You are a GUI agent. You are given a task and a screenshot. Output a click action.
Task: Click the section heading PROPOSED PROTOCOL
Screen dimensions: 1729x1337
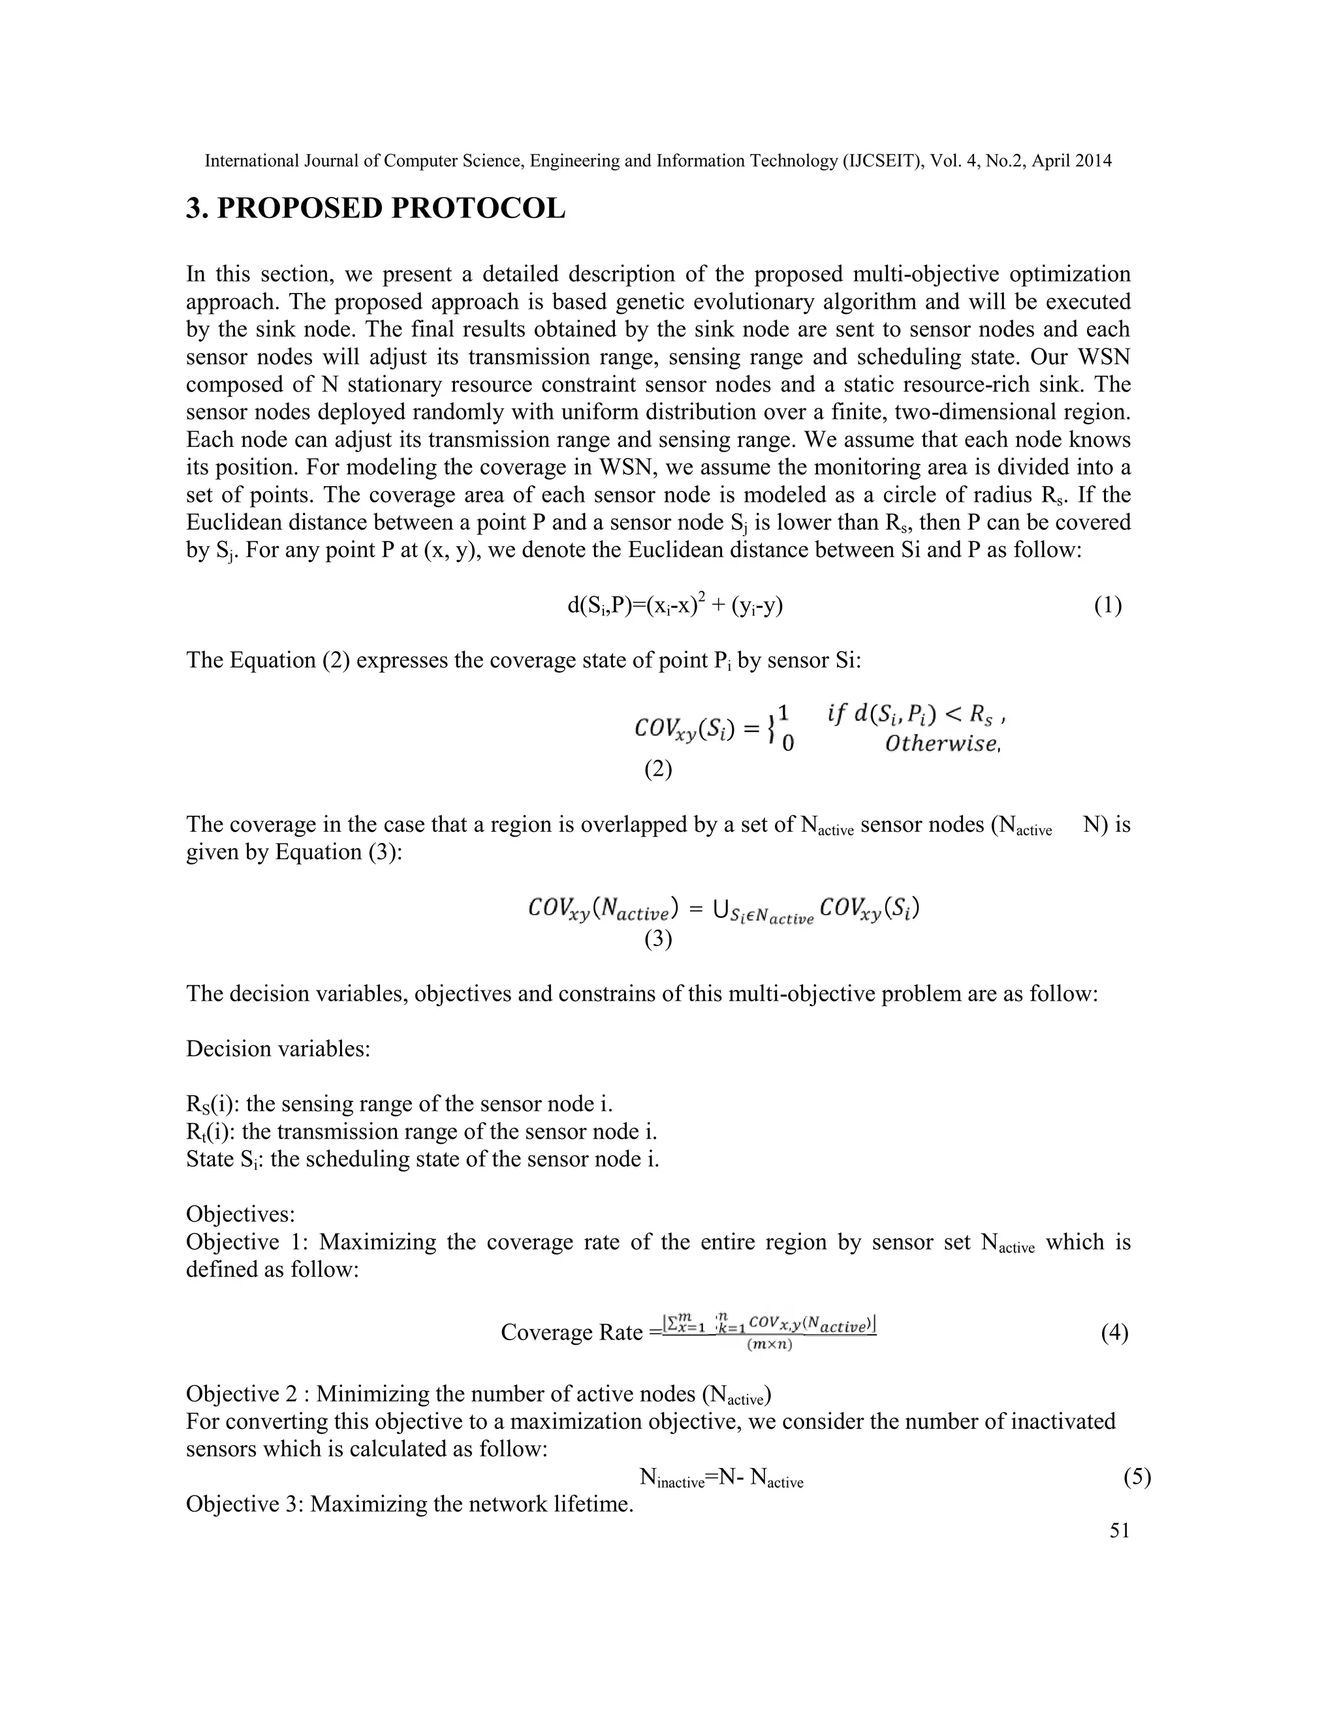375,209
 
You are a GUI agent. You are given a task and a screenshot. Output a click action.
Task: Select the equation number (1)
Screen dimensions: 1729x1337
1107,605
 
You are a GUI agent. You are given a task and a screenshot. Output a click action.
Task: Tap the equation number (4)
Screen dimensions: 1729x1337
1114,1332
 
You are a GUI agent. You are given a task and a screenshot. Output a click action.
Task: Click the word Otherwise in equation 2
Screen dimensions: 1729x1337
942,743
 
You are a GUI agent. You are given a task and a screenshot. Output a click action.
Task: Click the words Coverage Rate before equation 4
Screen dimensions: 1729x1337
572,1332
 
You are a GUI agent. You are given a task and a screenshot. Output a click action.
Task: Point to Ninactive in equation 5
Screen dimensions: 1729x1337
672,1478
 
